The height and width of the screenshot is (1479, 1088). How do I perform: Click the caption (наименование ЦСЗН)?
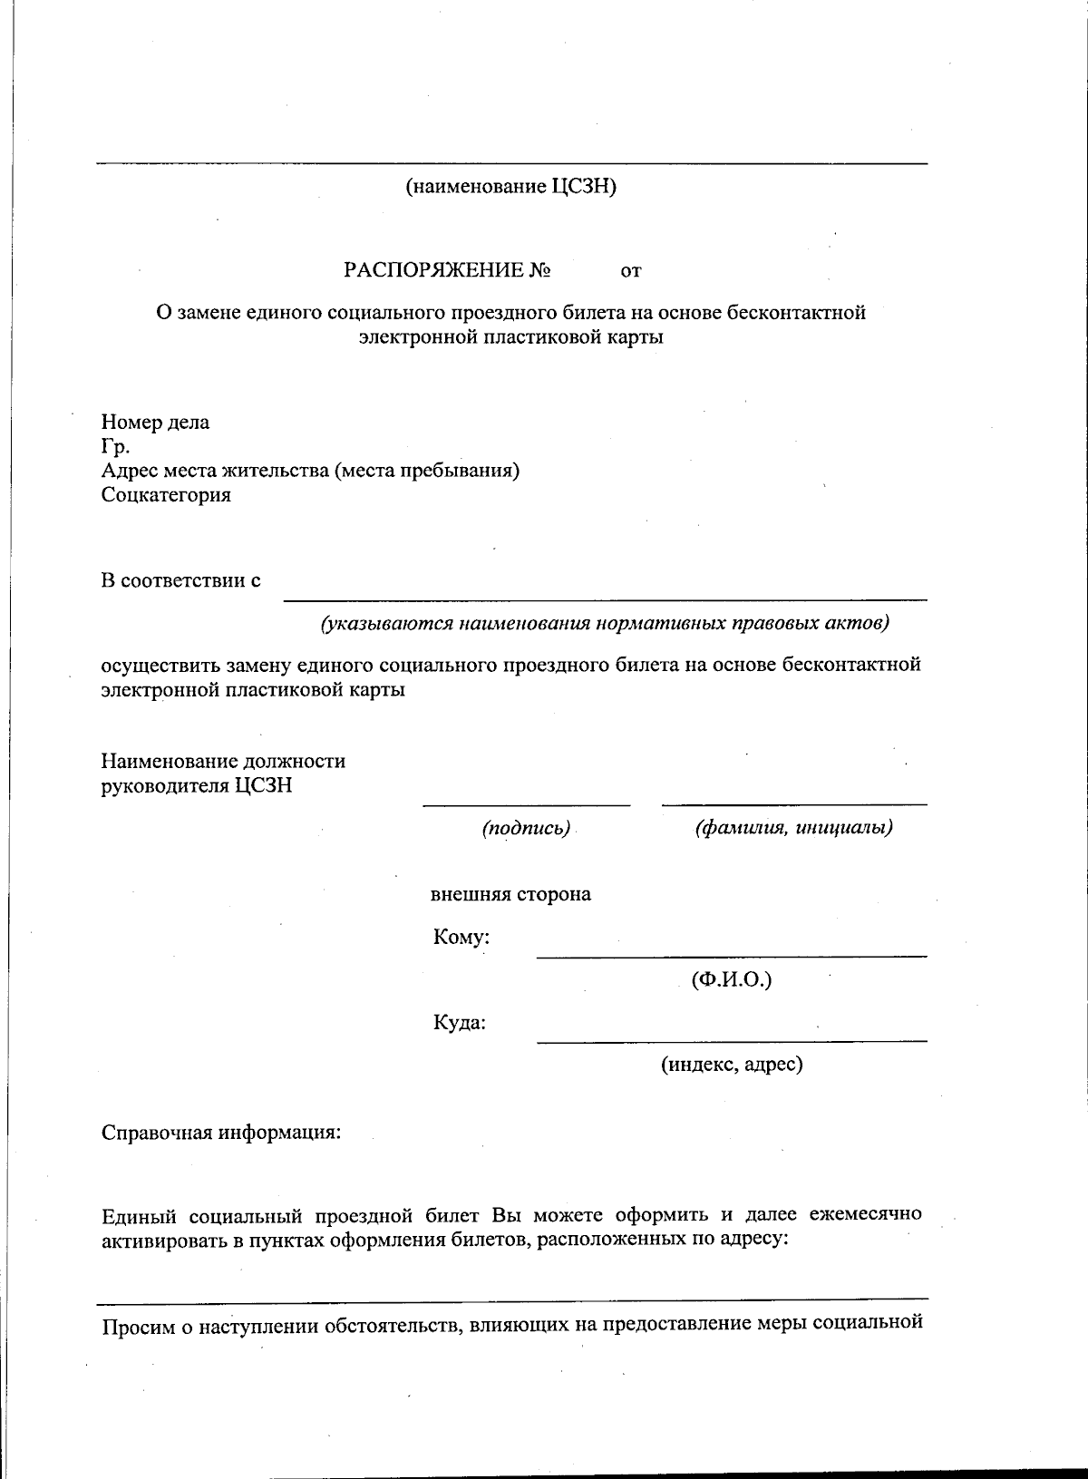point(510,188)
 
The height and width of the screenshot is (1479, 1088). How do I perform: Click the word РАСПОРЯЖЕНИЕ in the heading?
point(434,270)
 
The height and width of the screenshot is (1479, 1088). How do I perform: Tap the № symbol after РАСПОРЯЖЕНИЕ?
point(540,270)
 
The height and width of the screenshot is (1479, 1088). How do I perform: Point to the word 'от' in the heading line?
point(631,271)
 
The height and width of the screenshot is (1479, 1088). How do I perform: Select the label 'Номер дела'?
point(155,422)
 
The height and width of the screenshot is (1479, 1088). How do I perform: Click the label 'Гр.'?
point(115,446)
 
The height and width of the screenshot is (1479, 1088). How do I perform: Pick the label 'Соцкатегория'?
point(166,495)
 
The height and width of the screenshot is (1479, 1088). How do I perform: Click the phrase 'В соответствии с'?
point(180,580)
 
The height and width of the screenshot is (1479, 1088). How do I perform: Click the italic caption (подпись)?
point(526,828)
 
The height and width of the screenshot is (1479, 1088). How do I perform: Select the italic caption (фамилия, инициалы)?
point(793,828)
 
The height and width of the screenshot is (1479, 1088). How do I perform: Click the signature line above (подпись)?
point(526,804)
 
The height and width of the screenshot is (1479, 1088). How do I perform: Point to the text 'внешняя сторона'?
point(510,894)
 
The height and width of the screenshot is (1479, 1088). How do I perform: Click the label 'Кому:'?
point(461,938)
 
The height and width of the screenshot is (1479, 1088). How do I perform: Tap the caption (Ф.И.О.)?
point(731,980)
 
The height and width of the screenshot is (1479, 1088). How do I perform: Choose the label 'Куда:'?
point(460,1023)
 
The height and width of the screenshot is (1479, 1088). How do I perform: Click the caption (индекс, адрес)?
point(731,1065)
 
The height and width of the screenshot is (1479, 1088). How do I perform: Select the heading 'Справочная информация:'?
point(221,1134)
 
